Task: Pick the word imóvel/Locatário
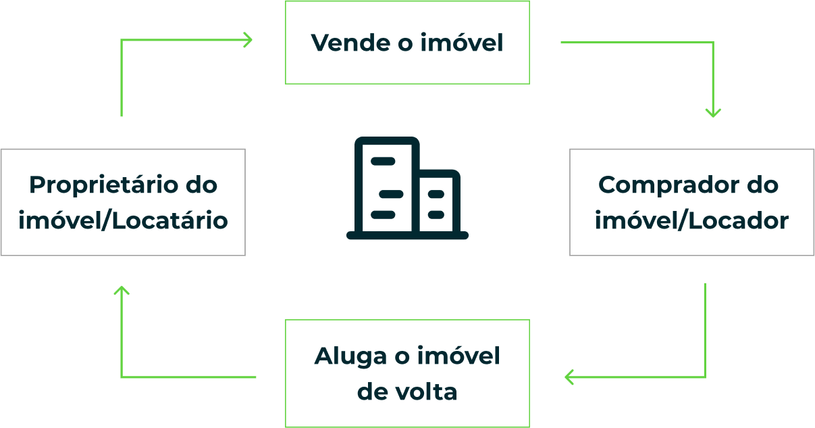click(123, 220)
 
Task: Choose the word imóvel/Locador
click(691, 220)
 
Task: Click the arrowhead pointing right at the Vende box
click(248, 40)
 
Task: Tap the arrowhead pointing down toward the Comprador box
click(713, 112)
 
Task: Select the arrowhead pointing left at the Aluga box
click(569, 377)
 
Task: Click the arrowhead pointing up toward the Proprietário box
click(122, 291)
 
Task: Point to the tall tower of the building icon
click(386, 186)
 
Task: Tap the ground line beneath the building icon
click(407, 236)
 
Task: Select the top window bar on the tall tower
click(383, 161)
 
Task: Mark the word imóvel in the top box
click(462, 43)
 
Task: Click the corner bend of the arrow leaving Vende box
click(713, 43)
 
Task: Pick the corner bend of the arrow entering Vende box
click(122, 40)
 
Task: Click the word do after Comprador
click(763, 185)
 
